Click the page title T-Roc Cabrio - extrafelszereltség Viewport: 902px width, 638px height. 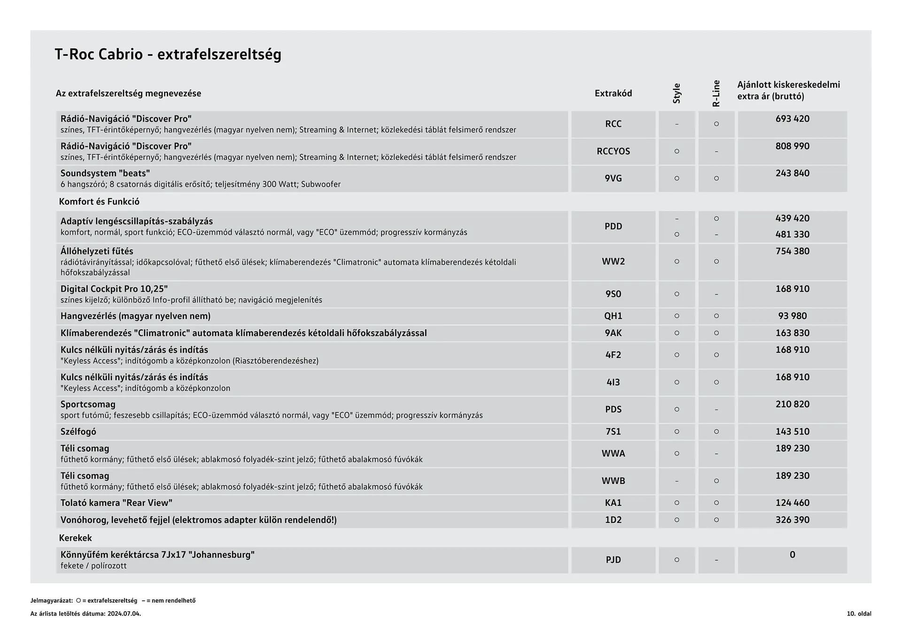pyautogui.click(x=168, y=54)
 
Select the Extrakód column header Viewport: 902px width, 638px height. pyautogui.click(x=613, y=93)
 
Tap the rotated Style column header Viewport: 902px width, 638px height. pyautogui.click(x=676, y=93)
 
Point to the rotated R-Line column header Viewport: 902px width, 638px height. pyautogui.click(x=716, y=93)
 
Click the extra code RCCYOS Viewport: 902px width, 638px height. pyautogui.click(x=613, y=151)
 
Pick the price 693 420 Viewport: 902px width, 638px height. pyautogui.click(x=792, y=119)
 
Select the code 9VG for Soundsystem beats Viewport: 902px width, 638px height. pyautogui.click(x=613, y=179)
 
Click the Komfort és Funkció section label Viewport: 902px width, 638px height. pyautogui.click(x=99, y=202)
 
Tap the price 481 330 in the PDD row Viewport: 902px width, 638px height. pyautogui.click(x=792, y=234)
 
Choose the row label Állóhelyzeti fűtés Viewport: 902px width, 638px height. pyautogui.click(x=97, y=251)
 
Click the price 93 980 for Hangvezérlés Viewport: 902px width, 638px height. pyautogui.click(x=792, y=316)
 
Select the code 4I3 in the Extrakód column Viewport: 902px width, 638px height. pyautogui.click(x=613, y=382)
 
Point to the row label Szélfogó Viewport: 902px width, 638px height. pyautogui.click(x=78, y=432)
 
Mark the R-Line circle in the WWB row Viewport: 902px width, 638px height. pyautogui.click(x=716, y=481)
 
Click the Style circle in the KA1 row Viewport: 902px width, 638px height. pyautogui.click(x=676, y=503)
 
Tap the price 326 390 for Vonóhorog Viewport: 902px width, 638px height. pyautogui.click(x=792, y=520)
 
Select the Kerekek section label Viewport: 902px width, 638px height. pyautogui.click(x=75, y=538)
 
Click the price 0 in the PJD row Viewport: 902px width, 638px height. pyautogui.click(x=792, y=555)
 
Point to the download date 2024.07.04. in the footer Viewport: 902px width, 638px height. pyautogui.click(x=124, y=614)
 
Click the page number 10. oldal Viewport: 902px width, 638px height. pyautogui.click(x=859, y=614)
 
